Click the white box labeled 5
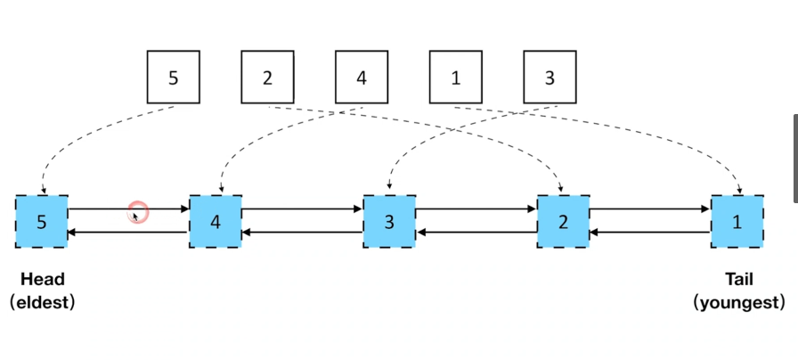pyautogui.click(x=173, y=78)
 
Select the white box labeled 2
pyautogui.click(x=267, y=78)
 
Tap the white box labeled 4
pyautogui.click(x=361, y=78)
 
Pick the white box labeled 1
pyautogui.click(x=455, y=78)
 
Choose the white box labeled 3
pyautogui.click(x=550, y=78)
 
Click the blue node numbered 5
pyautogui.click(x=41, y=221)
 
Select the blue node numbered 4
pyautogui.click(x=215, y=221)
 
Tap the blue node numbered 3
pyautogui.click(x=388, y=221)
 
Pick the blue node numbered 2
pyautogui.click(x=563, y=221)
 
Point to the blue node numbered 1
pyautogui.click(x=737, y=221)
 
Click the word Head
pyautogui.click(x=41, y=280)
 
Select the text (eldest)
pyautogui.click(x=41, y=302)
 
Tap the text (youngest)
pyautogui.click(x=739, y=302)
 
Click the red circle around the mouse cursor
pyautogui.click(x=137, y=212)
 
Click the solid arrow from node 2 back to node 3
pyautogui.click(x=476, y=233)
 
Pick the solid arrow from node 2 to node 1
pyautogui.click(x=649, y=209)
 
